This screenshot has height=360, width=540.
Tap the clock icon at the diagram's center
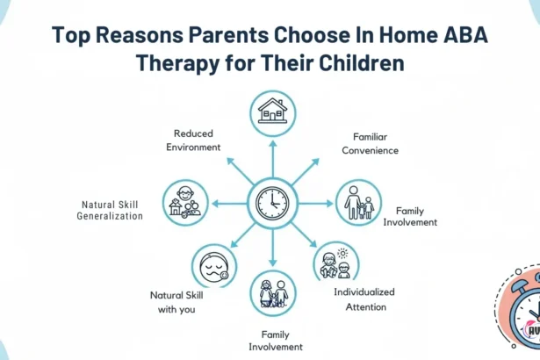(x=271, y=203)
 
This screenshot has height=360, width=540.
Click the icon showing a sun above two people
(x=335, y=264)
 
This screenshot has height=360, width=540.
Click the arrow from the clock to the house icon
(x=272, y=158)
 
